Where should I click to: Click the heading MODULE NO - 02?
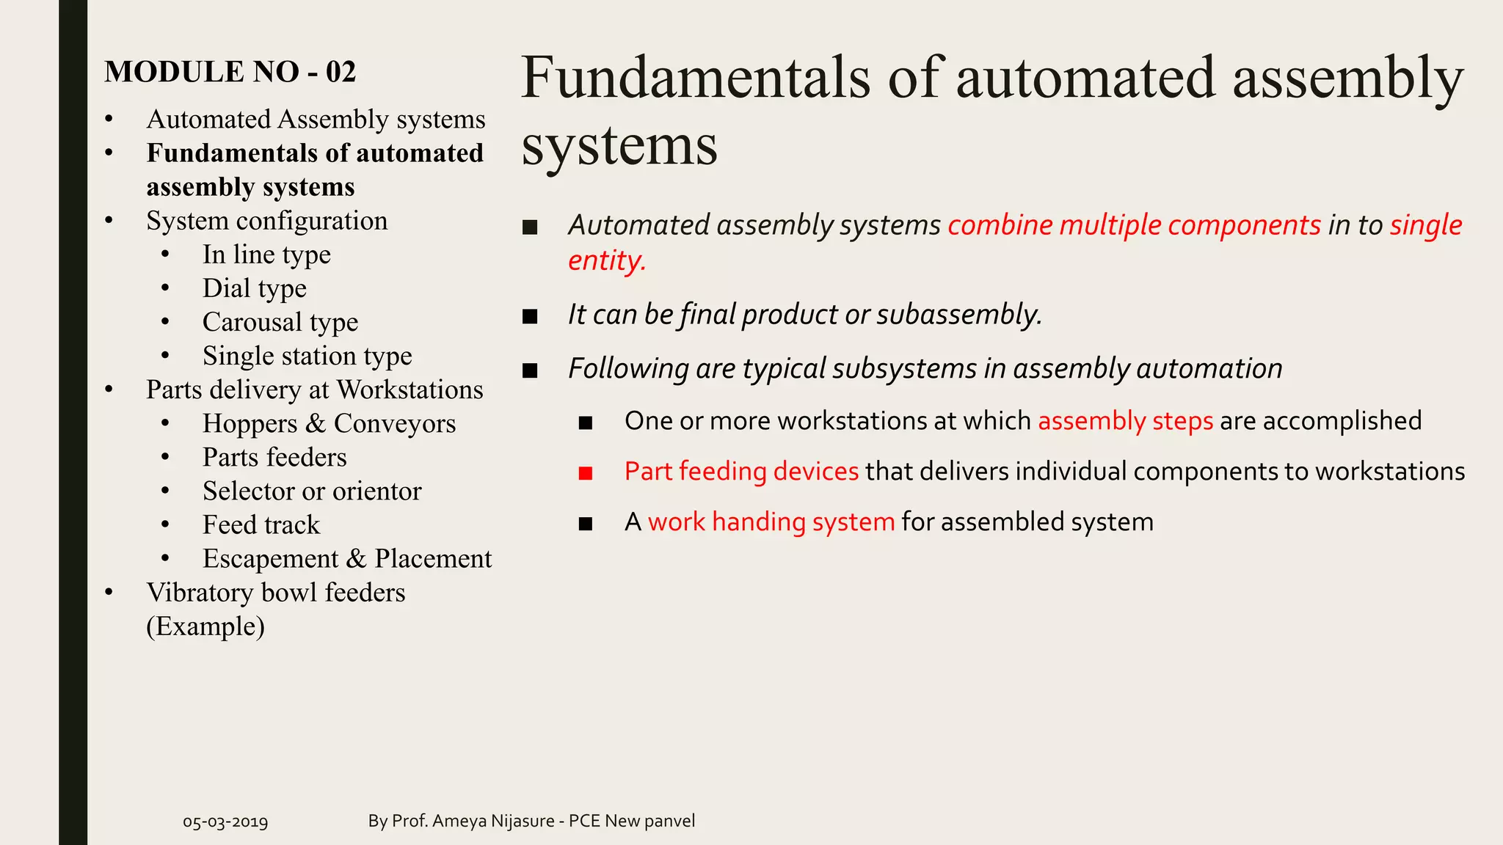tap(230, 72)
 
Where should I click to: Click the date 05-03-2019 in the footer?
tap(225, 822)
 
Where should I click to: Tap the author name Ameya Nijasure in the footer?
tap(493, 821)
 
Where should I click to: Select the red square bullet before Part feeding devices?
tap(585, 473)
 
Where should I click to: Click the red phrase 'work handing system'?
tap(771, 522)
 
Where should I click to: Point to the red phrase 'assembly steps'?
tap(1125, 421)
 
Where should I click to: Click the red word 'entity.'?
tap(606, 261)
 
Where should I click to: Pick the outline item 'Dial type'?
tap(254, 288)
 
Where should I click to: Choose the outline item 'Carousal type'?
tap(280, 322)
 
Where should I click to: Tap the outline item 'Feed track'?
tap(261, 525)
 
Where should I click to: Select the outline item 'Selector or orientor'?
tap(311, 491)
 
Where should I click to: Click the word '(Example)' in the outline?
tap(205, 626)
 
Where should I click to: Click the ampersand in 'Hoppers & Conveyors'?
tap(316, 424)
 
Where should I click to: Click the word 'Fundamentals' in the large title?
tap(695, 78)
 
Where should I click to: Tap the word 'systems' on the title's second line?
tap(619, 146)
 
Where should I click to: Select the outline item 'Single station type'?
tap(307, 356)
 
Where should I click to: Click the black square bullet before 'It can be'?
tap(530, 316)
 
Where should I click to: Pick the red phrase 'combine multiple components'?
tap(1134, 225)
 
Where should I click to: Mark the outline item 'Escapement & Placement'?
tap(346, 559)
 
